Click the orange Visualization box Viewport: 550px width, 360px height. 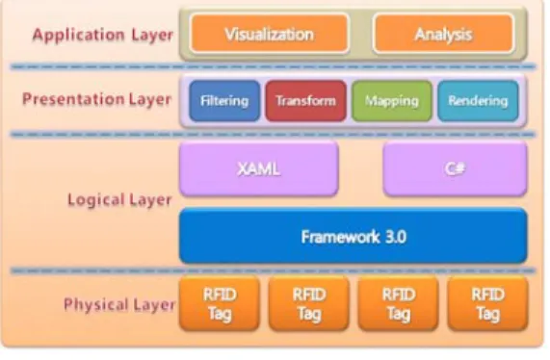270,34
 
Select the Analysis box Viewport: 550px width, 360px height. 444,34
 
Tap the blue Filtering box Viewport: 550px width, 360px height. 224,101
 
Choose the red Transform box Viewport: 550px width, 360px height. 306,101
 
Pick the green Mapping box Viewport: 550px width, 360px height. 392,101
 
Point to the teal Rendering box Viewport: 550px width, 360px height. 478,101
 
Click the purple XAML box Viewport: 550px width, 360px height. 259,168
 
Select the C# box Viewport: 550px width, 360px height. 456,168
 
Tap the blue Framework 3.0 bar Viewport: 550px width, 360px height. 354,236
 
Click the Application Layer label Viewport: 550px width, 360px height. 103,35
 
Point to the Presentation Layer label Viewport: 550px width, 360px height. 97,99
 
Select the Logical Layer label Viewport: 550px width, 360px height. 119,200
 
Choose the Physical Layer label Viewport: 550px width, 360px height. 119,304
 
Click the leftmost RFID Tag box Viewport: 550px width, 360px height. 220,303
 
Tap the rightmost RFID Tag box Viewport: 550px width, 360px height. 488,303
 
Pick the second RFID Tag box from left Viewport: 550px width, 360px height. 309,303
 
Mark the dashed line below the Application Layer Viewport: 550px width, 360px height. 273,66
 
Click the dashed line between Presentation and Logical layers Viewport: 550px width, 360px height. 273,134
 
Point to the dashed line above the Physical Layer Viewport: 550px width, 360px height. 273,270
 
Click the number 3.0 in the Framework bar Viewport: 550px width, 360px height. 396,237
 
